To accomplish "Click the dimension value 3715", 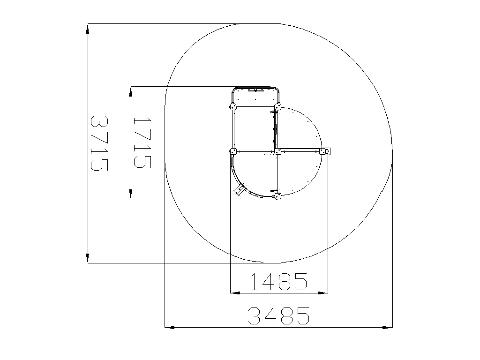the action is [99, 143].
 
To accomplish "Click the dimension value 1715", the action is [142, 143].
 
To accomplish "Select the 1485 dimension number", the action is [279, 282].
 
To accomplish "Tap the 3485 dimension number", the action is [278, 315].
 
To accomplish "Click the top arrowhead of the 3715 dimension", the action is [88, 29].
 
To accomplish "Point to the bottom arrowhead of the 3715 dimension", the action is [88, 258].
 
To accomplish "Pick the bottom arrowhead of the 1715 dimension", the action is [131, 194].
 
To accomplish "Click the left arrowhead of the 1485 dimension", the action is [235, 293].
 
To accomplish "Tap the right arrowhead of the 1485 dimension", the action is [322, 293].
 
